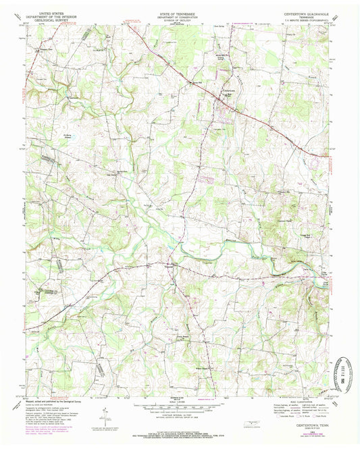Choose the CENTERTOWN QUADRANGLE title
[308, 11]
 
